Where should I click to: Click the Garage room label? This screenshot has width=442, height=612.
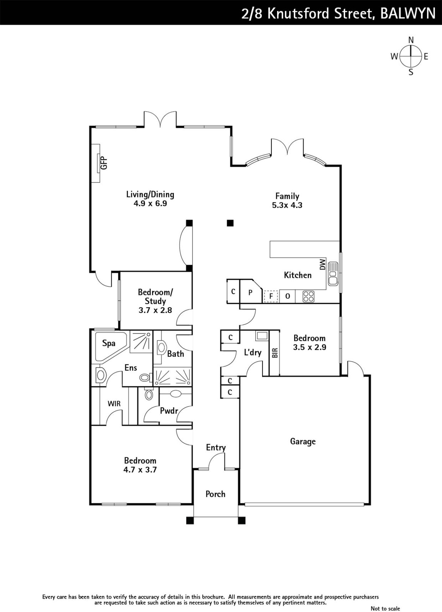pos(303,441)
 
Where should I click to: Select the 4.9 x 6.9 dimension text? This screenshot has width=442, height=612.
pos(150,203)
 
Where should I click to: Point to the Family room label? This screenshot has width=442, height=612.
pos(287,196)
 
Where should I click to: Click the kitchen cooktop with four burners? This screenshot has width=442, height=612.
pos(308,296)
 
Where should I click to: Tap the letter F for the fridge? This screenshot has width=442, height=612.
pos(271,296)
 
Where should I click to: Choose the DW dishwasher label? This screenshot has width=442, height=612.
pos(323,264)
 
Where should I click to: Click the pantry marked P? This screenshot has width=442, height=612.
pos(250,292)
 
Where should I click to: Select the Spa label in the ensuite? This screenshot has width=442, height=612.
pos(109,343)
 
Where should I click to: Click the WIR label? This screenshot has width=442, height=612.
pos(114,404)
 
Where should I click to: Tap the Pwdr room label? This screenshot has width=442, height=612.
pos(169,410)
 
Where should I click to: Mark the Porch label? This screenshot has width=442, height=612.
pos(215,494)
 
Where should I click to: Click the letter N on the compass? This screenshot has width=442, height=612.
pos(411,40)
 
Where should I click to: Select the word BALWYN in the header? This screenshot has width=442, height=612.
pos(408,13)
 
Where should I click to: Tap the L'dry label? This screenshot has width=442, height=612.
pos(253,352)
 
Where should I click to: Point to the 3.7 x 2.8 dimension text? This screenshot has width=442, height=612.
pos(155,310)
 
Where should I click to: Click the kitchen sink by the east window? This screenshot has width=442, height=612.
pos(333,273)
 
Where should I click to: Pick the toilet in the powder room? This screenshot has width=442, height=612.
pos(149,394)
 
